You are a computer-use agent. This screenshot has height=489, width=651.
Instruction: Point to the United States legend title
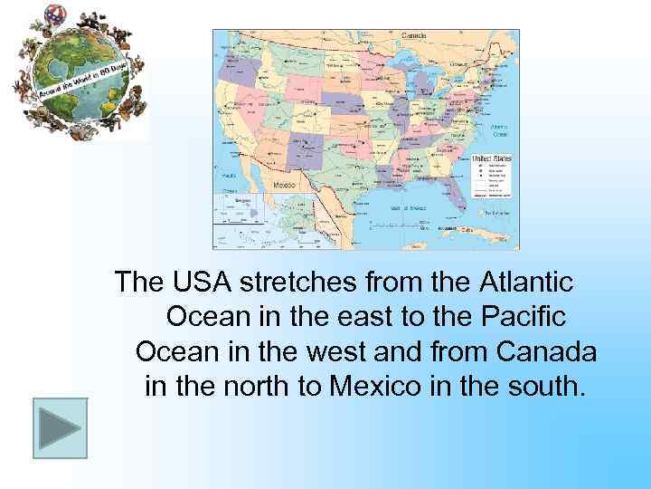pos(492,158)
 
